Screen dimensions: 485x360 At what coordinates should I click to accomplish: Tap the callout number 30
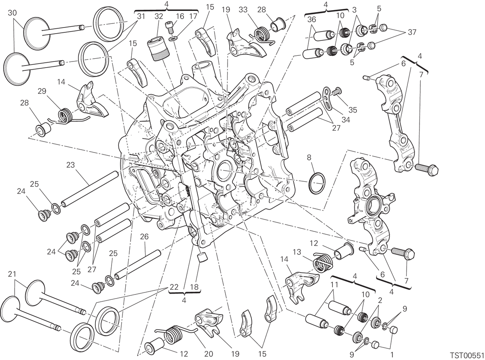[x=12, y=13]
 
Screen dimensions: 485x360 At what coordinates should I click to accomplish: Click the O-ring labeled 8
[x=316, y=183]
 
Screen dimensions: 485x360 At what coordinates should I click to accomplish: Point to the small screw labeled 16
[x=169, y=28]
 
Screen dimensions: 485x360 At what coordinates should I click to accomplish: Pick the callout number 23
[x=70, y=165]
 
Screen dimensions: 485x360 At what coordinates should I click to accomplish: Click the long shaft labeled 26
[x=138, y=265]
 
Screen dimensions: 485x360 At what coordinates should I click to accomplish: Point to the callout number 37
[x=412, y=32]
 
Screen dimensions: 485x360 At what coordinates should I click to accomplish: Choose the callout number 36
[x=311, y=19]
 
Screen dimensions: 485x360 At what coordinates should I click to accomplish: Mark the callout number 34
[x=346, y=120]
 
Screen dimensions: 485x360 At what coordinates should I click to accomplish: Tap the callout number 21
[x=12, y=274]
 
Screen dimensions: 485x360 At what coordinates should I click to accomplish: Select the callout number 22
[x=174, y=287]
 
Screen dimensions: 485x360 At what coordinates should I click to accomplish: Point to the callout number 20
[x=208, y=354]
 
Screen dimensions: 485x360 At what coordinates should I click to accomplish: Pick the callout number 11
[x=334, y=285]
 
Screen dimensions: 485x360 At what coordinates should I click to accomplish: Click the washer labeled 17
[x=173, y=39]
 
